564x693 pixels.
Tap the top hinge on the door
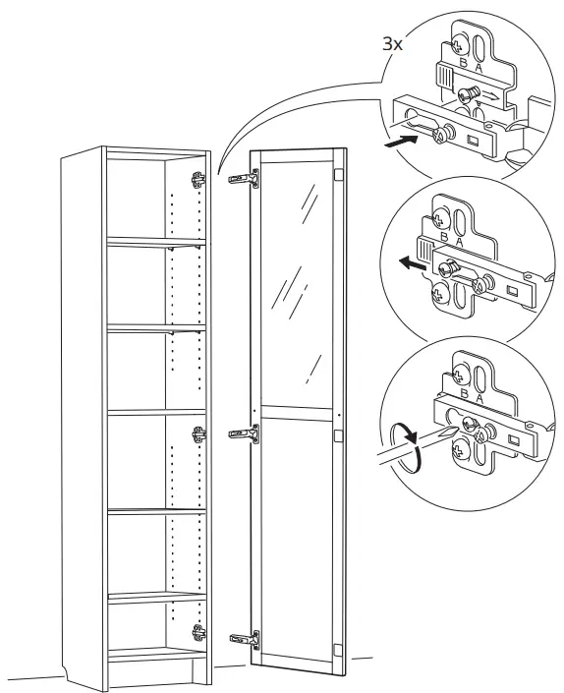[x=246, y=178]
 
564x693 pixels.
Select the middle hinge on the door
[x=245, y=433]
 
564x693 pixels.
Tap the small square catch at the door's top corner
[x=338, y=175]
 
